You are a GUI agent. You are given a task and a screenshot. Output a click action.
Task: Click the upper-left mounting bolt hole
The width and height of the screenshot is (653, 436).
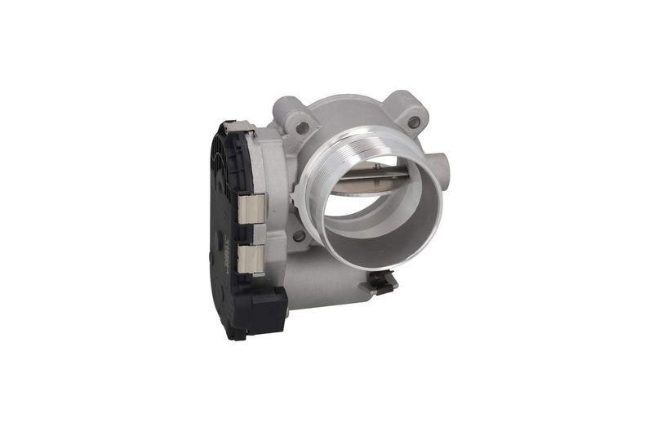pyautogui.click(x=303, y=127)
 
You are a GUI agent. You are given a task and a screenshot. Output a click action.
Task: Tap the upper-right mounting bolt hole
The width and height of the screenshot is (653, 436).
pyautogui.click(x=414, y=122)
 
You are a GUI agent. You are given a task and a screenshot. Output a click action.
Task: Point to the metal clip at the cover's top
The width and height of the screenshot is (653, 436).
pyautogui.click(x=233, y=125)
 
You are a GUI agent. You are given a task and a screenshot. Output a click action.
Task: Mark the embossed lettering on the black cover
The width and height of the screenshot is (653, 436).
pyautogui.click(x=224, y=246)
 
